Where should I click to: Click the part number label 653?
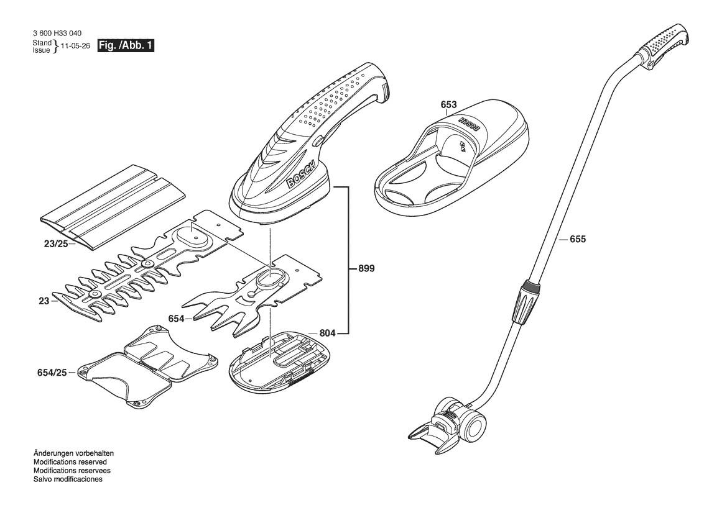click(448, 104)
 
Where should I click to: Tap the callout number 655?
click(578, 239)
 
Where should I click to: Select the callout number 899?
click(366, 268)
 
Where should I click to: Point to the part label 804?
click(327, 332)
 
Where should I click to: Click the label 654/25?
click(52, 372)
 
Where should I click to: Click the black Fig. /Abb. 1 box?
click(126, 46)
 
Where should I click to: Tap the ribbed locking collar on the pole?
click(526, 301)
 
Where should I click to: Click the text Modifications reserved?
click(70, 461)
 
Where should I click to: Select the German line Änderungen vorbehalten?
click(73, 453)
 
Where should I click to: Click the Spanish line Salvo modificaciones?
click(68, 479)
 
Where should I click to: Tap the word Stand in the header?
click(42, 43)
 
